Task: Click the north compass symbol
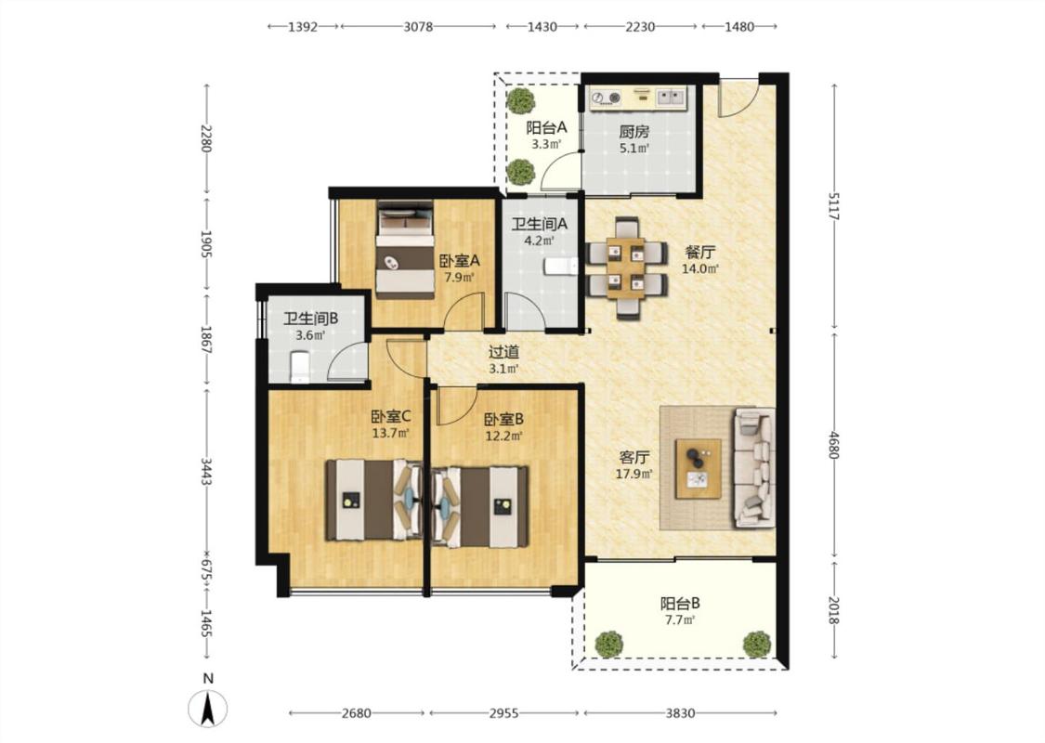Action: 208,708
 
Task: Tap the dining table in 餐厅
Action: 626,267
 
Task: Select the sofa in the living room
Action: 753,468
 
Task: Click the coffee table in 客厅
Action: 698,468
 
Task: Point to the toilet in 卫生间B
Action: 300,367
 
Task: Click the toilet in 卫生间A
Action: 561,267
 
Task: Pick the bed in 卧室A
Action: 405,251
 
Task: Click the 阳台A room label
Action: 546,127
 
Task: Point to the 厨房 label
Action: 634,132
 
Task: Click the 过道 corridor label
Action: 503,352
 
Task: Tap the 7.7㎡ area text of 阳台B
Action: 680,620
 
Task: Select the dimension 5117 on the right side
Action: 834,206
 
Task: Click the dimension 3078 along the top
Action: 418,27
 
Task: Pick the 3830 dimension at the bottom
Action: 680,713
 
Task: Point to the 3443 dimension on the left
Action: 206,471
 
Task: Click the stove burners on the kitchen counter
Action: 607,98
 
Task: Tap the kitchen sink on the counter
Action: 671,98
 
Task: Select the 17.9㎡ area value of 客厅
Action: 634,474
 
